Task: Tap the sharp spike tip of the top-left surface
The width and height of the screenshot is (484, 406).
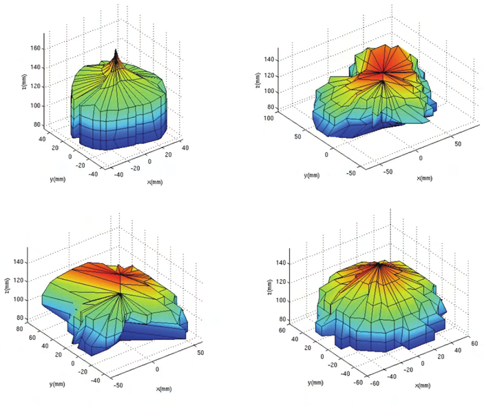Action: (x=116, y=50)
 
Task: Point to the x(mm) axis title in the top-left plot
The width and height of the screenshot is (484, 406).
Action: (x=155, y=181)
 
